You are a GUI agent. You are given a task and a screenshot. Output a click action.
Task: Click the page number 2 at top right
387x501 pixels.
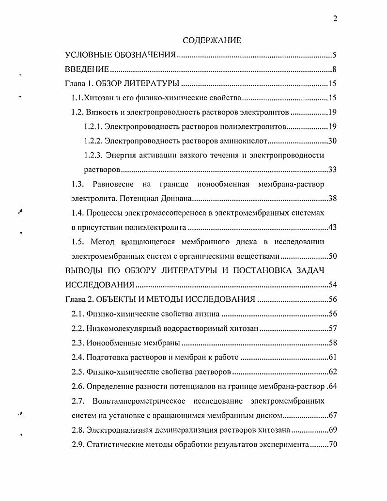tap(335, 19)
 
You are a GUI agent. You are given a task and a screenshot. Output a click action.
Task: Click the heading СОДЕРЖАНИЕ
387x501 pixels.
tap(212, 41)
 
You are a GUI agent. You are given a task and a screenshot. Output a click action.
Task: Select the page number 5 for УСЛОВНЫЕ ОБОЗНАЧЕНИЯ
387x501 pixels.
tap(334, 55)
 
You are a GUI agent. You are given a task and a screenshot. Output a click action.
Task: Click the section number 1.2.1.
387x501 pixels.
tap(93, 127)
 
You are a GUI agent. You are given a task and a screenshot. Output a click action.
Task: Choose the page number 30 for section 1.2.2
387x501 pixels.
tap(332, 141)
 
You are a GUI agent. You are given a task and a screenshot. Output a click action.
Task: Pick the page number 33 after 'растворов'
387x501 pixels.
tap(332, 170)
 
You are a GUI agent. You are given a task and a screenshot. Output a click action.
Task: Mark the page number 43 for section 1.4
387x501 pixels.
tap(332, 227)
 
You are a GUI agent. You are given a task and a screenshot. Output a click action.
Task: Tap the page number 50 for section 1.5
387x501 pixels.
tap(332, 256)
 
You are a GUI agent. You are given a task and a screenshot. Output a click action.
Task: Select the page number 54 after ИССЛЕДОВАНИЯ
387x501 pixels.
tap(332, 284)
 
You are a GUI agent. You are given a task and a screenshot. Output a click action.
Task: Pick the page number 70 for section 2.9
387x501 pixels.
tap(332, 444)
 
